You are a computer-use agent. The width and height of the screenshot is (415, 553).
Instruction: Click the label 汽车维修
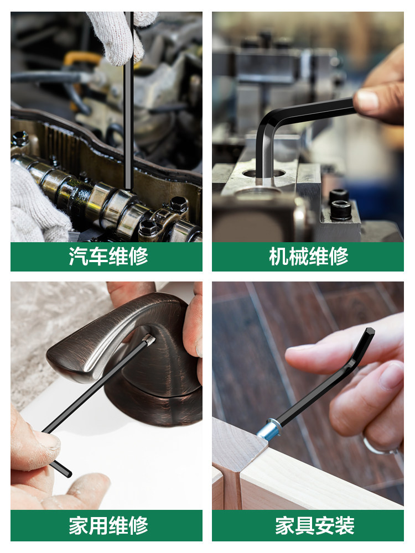(x=108, y=257)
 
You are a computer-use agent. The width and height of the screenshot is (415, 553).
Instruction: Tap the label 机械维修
(x=308, y=257)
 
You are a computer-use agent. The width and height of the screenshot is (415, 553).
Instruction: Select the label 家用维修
(x=108, y=526)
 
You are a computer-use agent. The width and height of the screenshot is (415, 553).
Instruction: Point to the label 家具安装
(x=315, y=526)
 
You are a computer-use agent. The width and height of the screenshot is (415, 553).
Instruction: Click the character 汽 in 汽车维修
(x=79, y=257)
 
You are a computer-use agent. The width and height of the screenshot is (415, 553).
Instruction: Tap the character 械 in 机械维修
(x=299, y=257)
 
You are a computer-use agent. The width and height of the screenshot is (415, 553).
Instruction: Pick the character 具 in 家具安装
(x=305, y=526)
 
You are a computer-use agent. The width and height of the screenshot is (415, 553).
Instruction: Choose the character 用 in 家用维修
(x=98, y=526)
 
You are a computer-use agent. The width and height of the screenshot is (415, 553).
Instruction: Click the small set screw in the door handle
(x=149, y=340)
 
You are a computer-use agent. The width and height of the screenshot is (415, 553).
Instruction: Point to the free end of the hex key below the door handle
(x=67, y=473)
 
